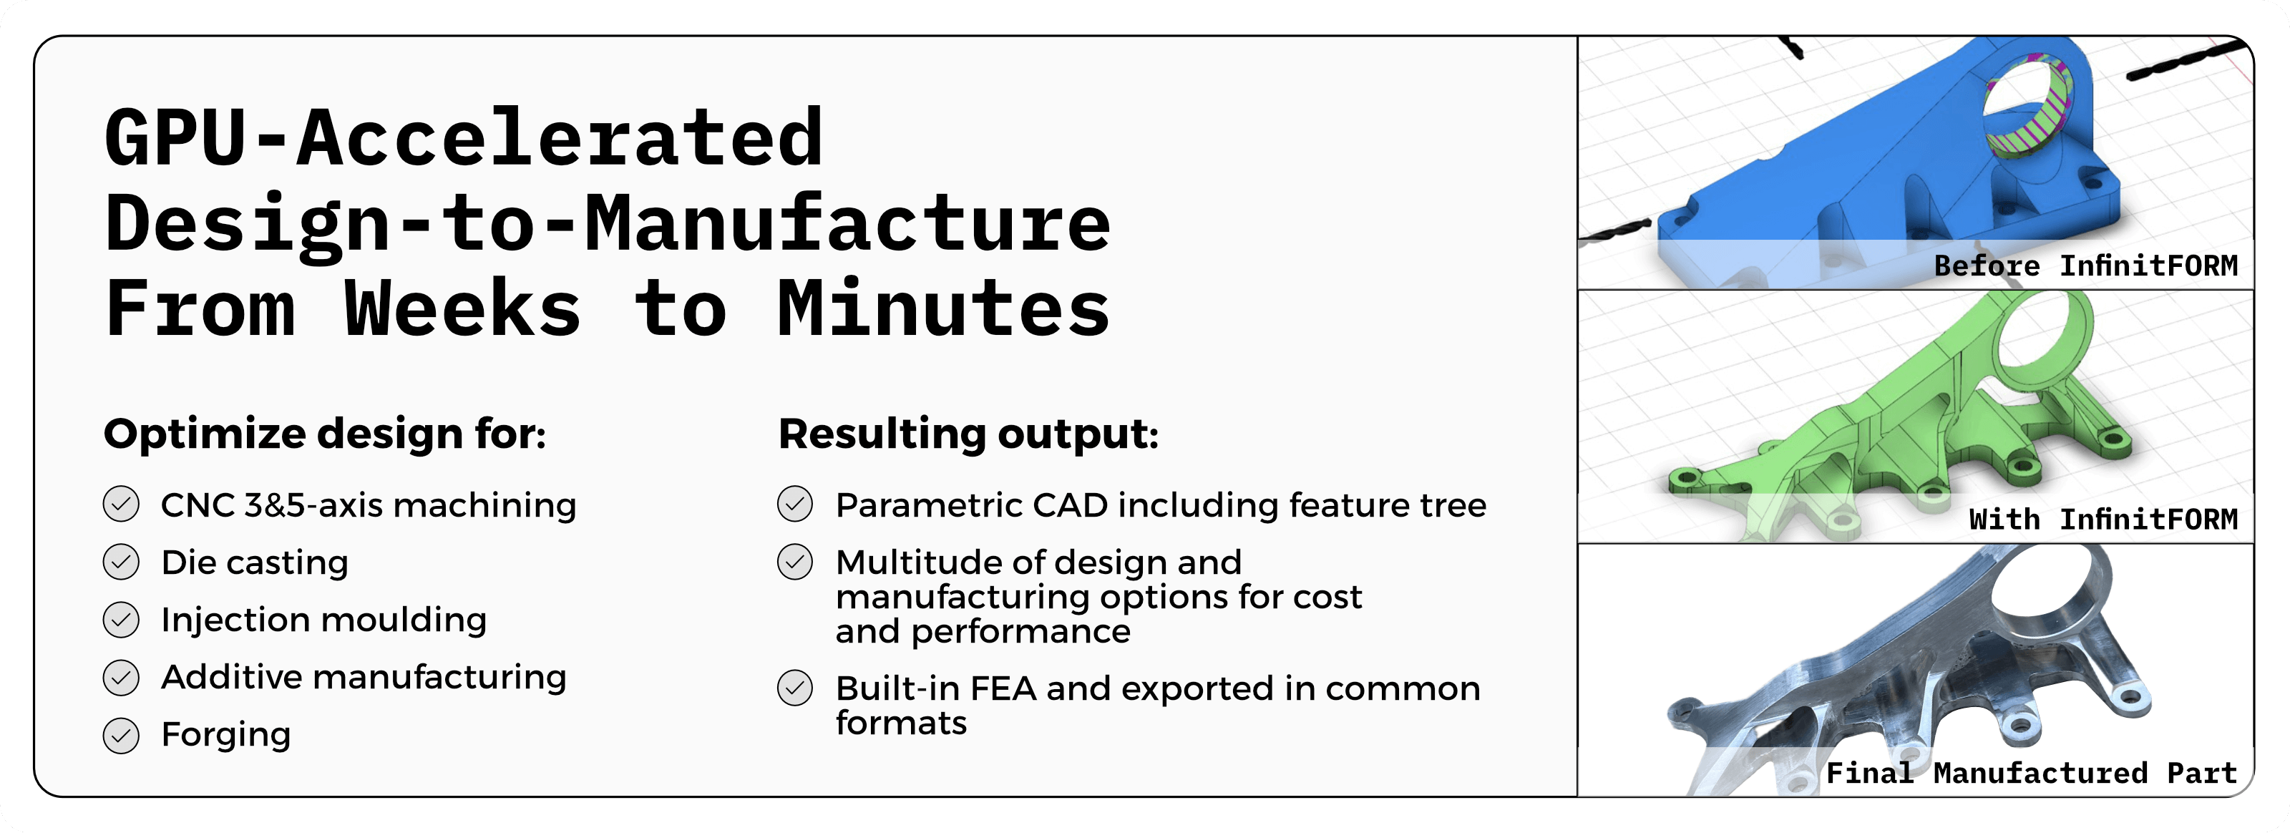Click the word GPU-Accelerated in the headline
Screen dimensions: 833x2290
[464, 138]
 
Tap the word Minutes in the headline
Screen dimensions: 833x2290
[943, 308]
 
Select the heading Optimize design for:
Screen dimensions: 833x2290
[324, 434]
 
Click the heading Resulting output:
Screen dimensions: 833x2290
[968, 434]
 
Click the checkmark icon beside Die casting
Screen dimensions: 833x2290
[121, 562]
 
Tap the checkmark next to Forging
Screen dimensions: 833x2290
[121, 735]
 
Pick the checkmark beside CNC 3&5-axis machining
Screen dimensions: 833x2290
[121, 504]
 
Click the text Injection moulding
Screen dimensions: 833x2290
[323, 620]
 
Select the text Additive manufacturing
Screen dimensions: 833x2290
[364, 678]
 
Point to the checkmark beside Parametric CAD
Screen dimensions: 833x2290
[795, 504]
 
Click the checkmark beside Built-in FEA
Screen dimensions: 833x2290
[795, 688]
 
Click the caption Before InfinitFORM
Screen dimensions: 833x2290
[2085, 266]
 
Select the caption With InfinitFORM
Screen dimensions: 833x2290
[2103, 519]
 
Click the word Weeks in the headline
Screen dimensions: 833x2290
[462, 308]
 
